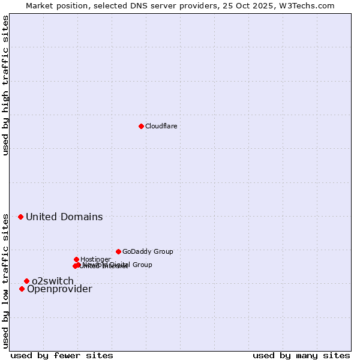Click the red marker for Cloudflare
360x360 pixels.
(141, 126)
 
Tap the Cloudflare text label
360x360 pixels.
(161, 126)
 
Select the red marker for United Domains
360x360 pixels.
(20, 217)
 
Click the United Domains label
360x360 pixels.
(64, 217)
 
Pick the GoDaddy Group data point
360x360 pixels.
(118, 251)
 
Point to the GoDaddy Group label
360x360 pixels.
(148, 252)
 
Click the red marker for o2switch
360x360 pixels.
(26, 281)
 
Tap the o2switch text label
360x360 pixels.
(53, 281)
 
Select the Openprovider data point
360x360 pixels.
(22, 289)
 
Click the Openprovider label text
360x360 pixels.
(59, 289)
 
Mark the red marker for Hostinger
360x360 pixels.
(76, 259)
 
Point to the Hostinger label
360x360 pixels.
(95, 259)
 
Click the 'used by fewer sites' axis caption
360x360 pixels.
(62, 355)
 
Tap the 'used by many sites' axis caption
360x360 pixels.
(301, 355)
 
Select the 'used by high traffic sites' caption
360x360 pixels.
(6, 85)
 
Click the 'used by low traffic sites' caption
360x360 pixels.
(6, 280)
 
